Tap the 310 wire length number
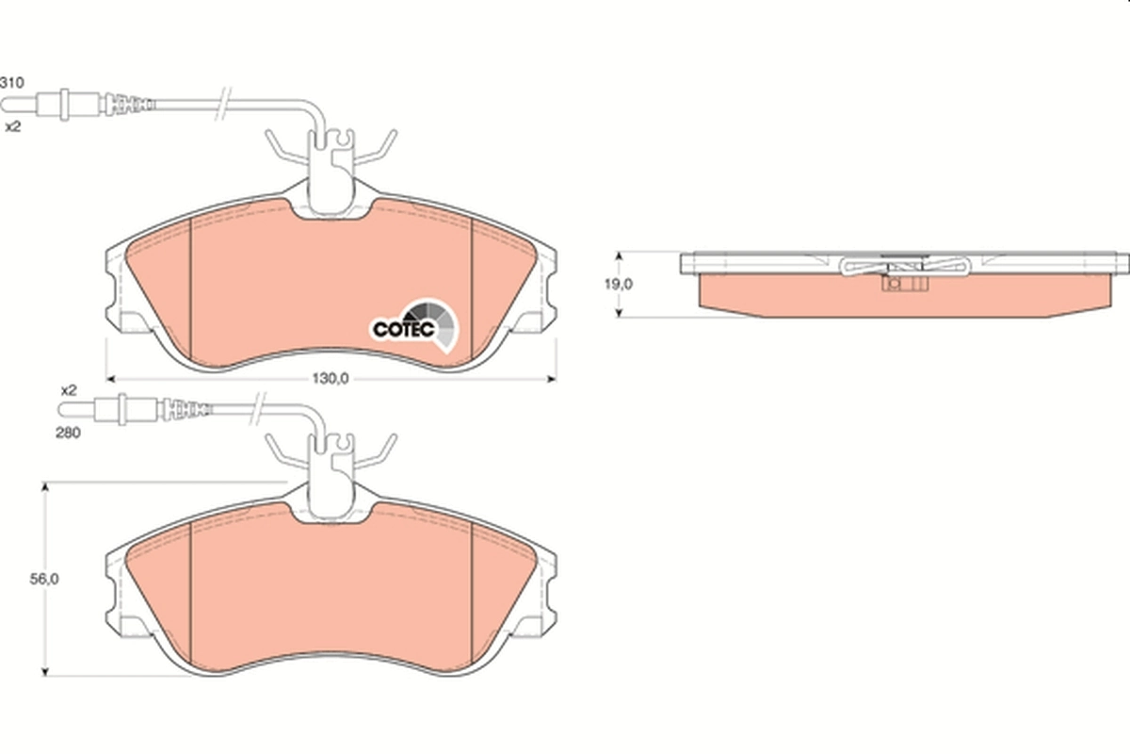10,83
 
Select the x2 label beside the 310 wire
12,125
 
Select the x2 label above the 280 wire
68,388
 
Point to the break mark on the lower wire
256,410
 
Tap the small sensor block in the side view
896,283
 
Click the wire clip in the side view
904,267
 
